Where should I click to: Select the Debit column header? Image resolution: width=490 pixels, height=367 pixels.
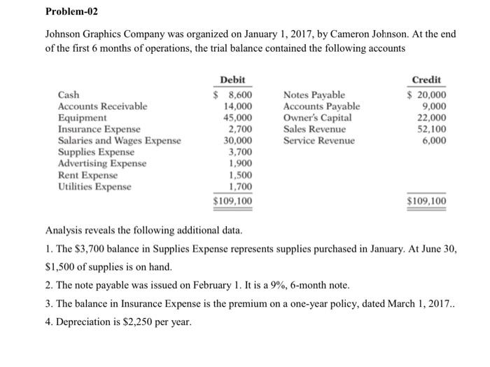click(x=232, y=80)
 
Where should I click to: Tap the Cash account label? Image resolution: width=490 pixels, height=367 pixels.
click(x=68, y=95)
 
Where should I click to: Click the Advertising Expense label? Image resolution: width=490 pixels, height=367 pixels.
click(x=101, y=163)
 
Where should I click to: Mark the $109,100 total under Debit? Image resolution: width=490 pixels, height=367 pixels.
click(x=233, y=202)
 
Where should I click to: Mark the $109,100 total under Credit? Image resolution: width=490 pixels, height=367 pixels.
click(x=428, y=202)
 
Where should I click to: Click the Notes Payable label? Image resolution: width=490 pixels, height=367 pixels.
click(x=314, y=95)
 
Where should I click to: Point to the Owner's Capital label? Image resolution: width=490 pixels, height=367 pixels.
click(x=317, y=118)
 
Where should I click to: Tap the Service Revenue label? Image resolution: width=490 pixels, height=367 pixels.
click(x=318, y=140)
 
